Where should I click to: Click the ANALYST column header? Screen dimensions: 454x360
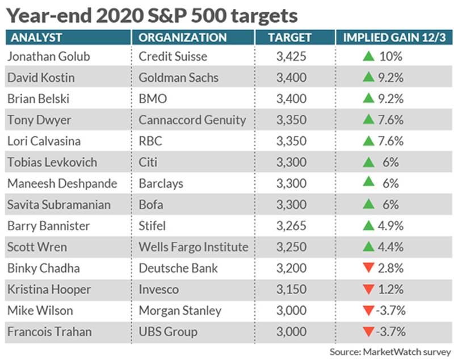[x=36, y=37]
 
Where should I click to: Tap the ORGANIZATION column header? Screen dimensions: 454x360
[x=182, y=37]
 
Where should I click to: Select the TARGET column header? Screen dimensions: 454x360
[x=289, y=37]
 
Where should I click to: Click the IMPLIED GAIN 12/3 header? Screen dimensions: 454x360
[x=394, y=37]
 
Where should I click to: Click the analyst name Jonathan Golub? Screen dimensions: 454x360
[x=49, y=56]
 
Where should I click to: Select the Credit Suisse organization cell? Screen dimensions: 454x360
[x=173, y=56]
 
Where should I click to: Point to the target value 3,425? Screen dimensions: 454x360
[x=291, y=56]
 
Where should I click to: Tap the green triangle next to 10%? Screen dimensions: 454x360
[x=368, y=56]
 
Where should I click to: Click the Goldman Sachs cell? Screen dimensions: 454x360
[x=178, y=78]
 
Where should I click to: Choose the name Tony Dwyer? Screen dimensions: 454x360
[x=39, y=120]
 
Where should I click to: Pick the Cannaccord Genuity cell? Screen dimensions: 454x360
[x=192, y=120]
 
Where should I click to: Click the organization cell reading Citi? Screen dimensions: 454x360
[x=148, y=162]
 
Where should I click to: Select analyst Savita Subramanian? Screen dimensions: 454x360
[x=59, y=205]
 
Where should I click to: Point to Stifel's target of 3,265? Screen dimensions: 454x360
[x=291, y=226]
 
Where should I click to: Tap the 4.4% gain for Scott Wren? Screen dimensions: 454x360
[x=390, y=247]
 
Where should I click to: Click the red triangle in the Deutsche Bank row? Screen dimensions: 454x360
[x=368, y=267]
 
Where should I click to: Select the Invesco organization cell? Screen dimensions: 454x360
[x=159, y=290]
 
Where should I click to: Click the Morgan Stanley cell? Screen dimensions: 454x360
[x=180, y=311]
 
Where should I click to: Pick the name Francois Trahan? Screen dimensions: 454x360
[x=49, y=332]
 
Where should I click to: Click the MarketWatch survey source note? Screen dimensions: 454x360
[x=390, y=351]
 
